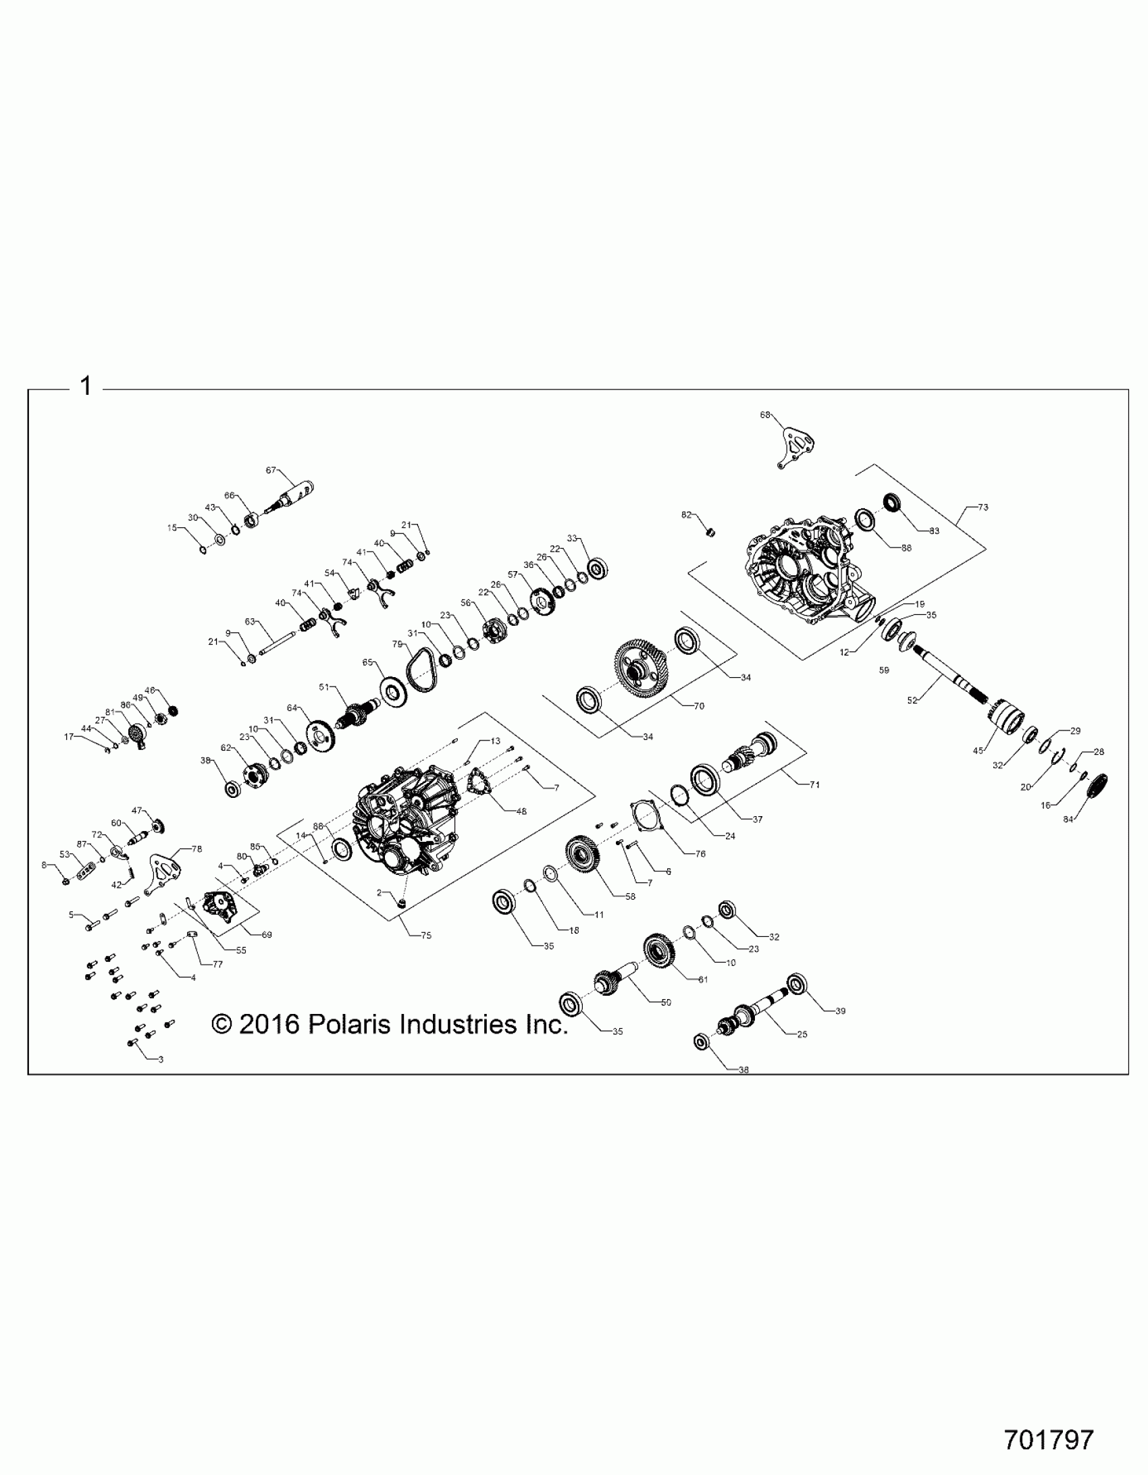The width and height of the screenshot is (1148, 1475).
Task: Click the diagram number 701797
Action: point(1048,1439)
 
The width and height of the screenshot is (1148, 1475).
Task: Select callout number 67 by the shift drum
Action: point(271,470)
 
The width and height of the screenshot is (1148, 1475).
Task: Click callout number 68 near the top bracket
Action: point(765,414)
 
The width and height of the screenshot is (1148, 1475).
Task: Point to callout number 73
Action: point(983,506)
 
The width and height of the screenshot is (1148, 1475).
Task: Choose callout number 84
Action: point(1068,820)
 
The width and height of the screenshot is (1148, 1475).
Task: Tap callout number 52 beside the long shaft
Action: point(912,700)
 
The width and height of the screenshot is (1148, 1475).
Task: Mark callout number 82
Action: point(687,514)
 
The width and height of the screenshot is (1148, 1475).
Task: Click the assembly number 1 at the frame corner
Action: point(86,387)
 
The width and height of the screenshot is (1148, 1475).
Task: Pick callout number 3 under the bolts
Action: point(161,1060)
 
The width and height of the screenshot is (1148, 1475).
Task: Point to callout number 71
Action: point(815,784)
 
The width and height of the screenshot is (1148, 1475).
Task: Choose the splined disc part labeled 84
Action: point(1099,786)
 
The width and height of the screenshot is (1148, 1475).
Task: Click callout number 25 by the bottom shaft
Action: point(802,1034)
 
